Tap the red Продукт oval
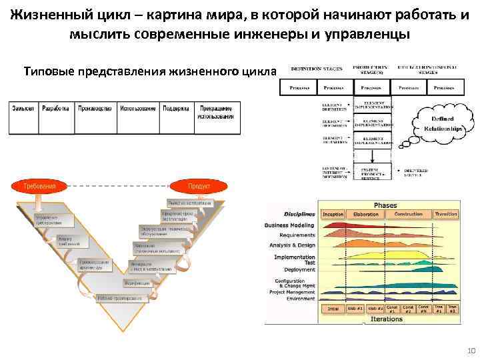point(199,186)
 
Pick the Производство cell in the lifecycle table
point(96,108)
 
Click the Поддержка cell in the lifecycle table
point(177,108)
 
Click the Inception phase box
point(333,215)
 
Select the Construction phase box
point(409,215)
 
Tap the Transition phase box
point(446,215)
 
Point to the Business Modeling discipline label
point(289,225)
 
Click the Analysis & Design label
point(291,245)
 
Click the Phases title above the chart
point(386,205)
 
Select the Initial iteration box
point(333,309)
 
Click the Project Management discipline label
point(291,292)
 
